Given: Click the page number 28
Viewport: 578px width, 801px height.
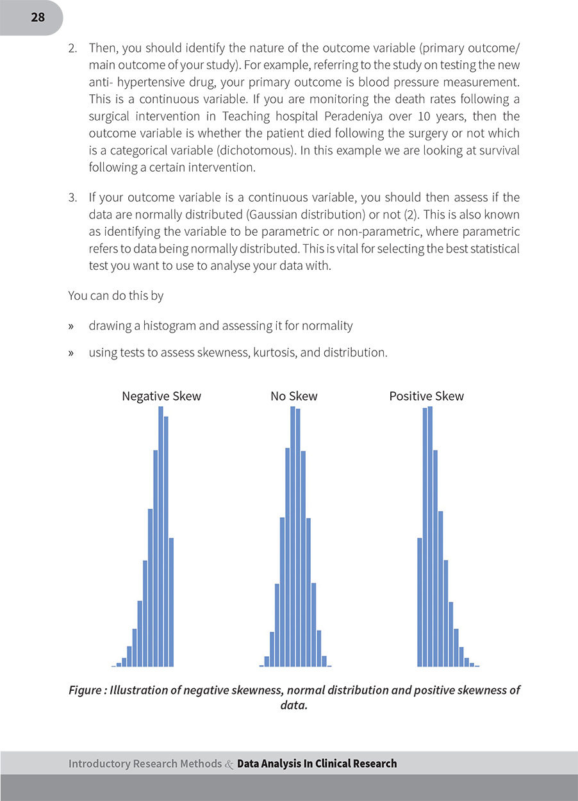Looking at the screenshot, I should (38, 17).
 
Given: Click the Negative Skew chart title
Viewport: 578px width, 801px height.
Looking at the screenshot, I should (161, 396).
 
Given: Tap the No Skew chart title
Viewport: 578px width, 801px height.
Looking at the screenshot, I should (294, 396).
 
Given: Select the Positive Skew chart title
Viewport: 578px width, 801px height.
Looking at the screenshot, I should (426, 396).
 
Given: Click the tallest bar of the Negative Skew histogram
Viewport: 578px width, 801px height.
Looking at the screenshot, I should (161, 536).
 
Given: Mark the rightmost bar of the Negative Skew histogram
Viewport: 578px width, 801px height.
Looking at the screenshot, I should (171, 602).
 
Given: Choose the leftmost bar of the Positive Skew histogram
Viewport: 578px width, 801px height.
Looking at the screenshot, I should (420, 602).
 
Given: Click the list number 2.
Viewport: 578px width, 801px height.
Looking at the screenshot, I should (72, 48).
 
